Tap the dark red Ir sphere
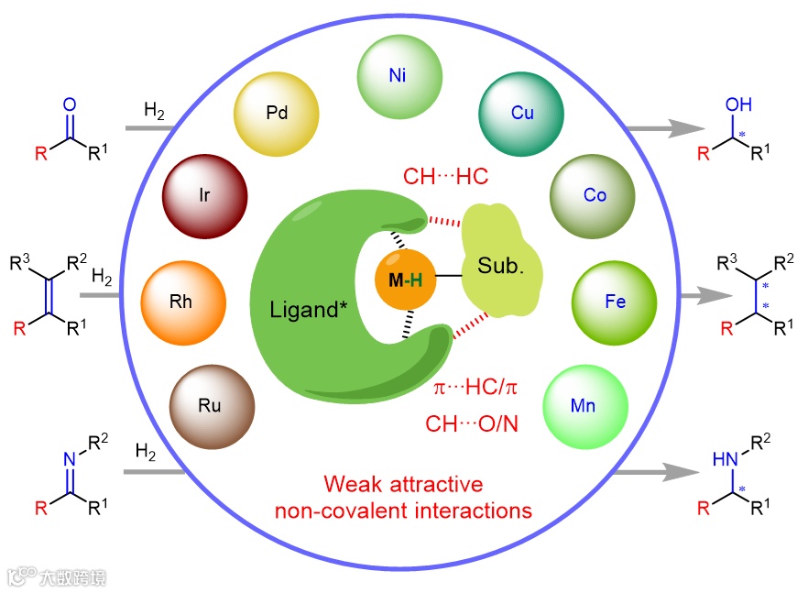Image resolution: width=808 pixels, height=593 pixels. (x=205, y=195)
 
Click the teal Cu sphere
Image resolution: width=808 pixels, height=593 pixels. (x=522, y=113)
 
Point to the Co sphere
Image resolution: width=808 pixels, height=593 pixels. (x=594, y=195)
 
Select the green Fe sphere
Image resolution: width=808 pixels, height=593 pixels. (x=615, y=302)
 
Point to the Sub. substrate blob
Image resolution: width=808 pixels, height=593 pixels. (x=501, y=267)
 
